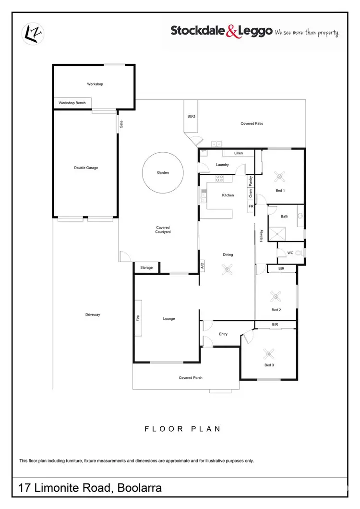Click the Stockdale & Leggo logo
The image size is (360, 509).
254,32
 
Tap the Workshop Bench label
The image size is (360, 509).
72,103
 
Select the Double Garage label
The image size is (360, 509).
86,168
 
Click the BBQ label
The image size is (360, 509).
191,116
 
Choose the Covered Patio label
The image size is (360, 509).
252,123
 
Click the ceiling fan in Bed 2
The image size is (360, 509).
276,295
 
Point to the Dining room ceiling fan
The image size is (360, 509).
227,269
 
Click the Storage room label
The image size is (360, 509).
146,267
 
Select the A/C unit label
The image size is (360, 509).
203,266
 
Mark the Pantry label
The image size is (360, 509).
251,181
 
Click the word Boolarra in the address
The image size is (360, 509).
137,488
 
